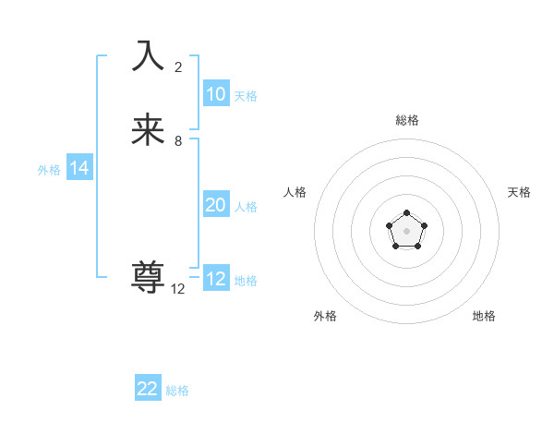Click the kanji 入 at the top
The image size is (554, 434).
coord(148,55)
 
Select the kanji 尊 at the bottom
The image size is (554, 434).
coord(148,278)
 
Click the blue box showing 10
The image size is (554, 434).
coord(216,94)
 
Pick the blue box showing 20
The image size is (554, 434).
coord(216,205)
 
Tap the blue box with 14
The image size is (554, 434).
coord(79,168)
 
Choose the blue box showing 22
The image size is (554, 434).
coord(148,389)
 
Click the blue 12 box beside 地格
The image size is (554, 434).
coord(216,279)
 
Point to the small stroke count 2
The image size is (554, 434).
coord(178,67)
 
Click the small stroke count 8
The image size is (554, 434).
coord(178,141)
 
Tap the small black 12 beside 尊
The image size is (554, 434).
coord(178,289)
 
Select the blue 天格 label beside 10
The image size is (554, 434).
coord(246,96)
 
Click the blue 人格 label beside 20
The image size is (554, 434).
coord(247,207)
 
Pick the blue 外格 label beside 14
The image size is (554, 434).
coord(49,170)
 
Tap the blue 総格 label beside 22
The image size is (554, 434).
coord(177,391)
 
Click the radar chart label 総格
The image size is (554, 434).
coord(406,120)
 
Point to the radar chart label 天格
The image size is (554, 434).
coord(519,192)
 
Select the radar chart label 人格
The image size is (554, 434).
coord(295,192)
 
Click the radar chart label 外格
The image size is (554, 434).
coord(325,316)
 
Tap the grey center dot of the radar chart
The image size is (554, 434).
coord(406,230)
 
